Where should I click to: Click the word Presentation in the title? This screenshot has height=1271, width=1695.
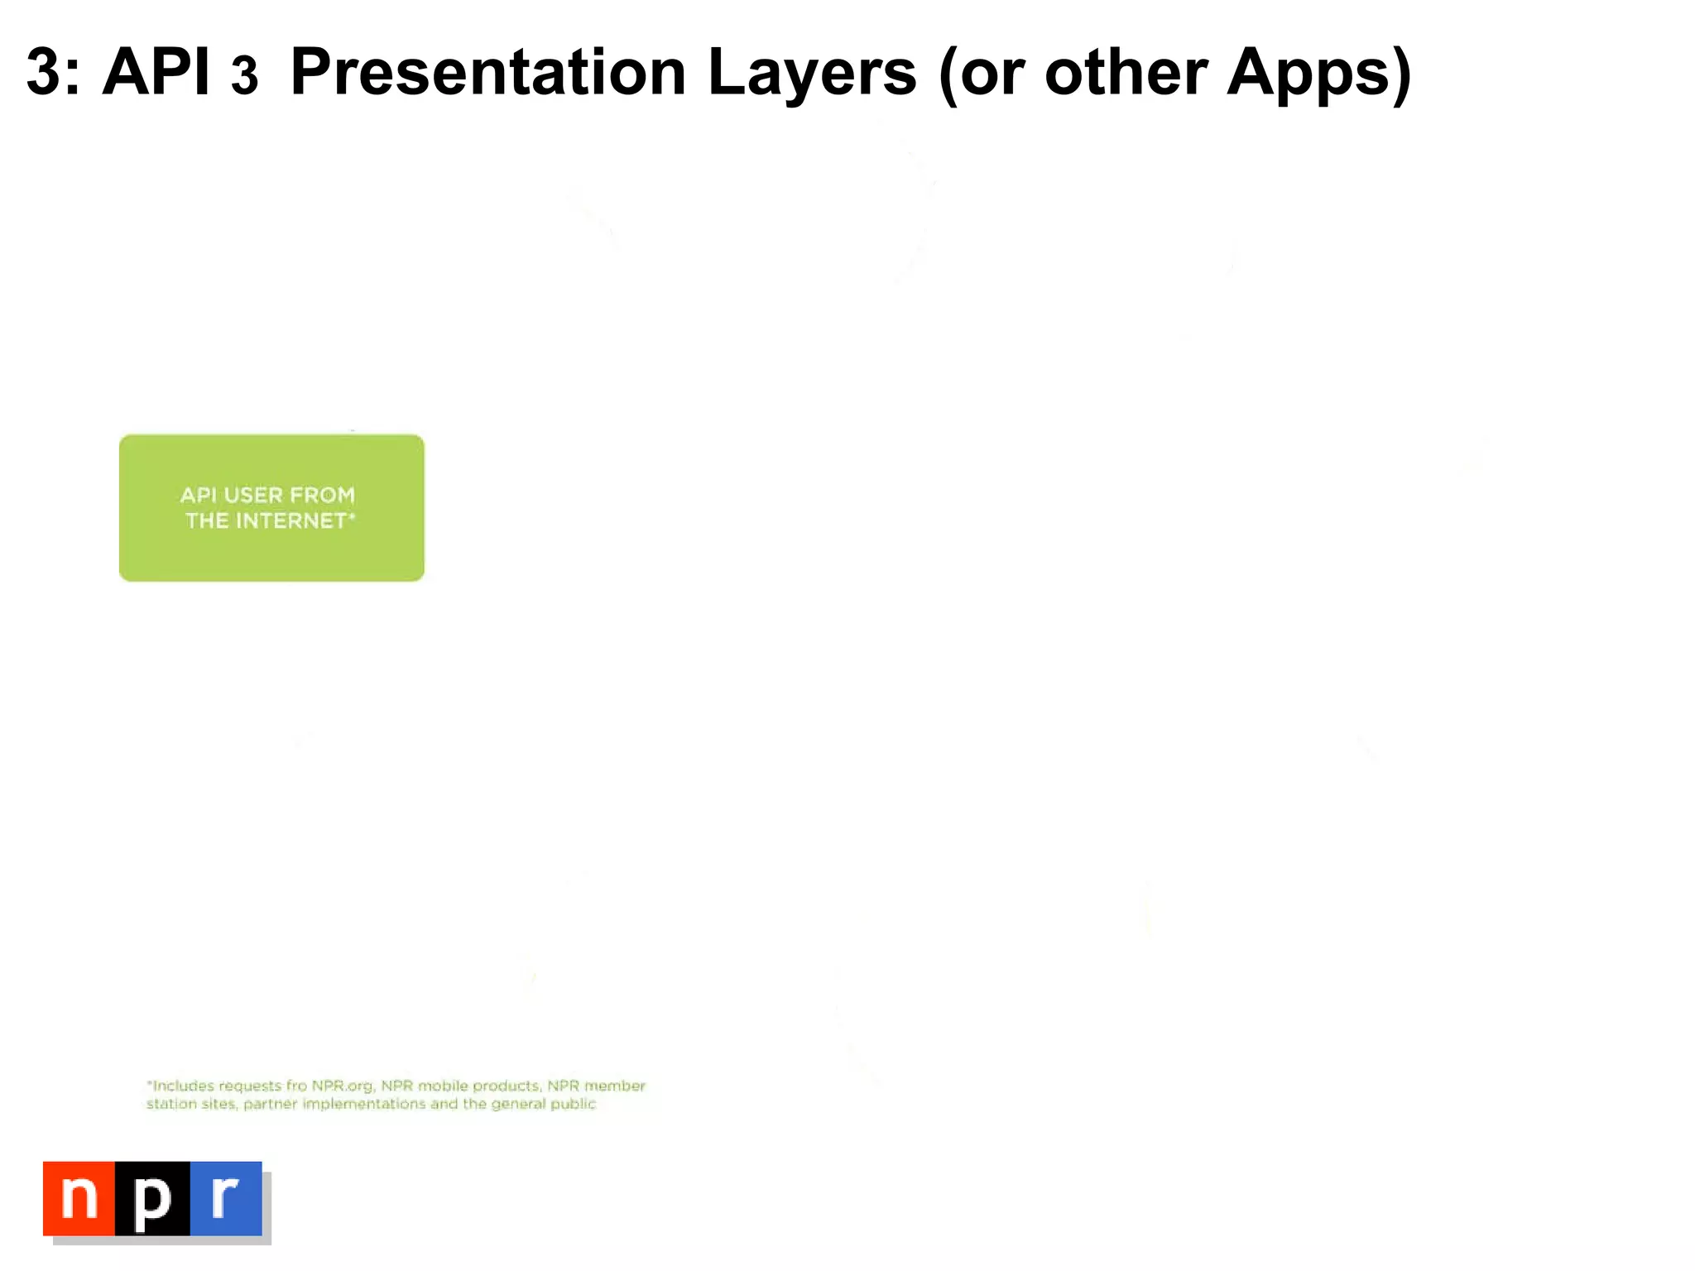[488, 73]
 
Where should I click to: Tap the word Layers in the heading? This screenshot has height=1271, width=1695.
[812, 73]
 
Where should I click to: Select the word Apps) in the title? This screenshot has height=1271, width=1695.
[1319, 73]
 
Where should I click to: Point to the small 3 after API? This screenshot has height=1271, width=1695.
[244, 77]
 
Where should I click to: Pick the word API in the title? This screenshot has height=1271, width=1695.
[156, 73]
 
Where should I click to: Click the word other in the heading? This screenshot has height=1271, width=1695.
[1126, 73]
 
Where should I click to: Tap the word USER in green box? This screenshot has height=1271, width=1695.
[253, 495]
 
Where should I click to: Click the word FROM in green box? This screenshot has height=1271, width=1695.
[322, 495]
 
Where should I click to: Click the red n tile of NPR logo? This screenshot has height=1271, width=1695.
[79, 1198]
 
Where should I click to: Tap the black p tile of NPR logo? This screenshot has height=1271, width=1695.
[152, 1198]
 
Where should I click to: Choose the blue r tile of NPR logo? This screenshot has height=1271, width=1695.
[226, 1198]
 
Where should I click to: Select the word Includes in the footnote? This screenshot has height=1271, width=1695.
[183, 1086]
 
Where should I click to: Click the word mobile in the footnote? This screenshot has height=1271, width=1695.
[443, 1086]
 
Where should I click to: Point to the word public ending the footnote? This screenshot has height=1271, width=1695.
[573, 1104]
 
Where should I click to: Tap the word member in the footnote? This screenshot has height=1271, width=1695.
[615, 1086]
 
